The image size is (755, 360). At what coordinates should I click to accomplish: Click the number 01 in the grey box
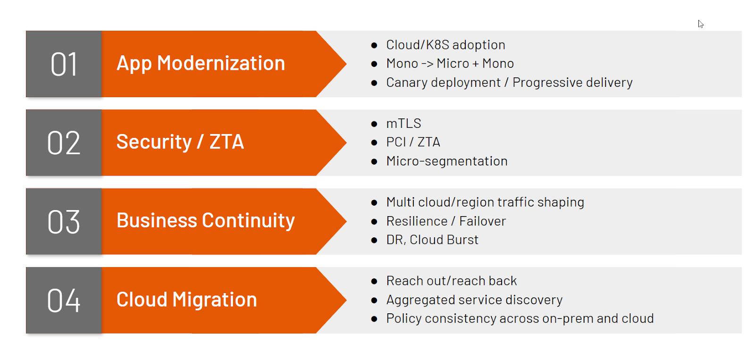pos(64,64)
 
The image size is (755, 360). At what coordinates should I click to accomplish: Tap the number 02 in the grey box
pos(64,143)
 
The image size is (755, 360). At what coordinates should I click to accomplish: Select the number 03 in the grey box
pos(64,221)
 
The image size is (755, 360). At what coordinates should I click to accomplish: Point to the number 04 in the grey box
pos(64,301)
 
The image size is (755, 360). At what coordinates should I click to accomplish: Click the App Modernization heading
pos(201,63)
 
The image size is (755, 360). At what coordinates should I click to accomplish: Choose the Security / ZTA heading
pos(180,142)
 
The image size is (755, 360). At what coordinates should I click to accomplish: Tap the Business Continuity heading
pos(206,221)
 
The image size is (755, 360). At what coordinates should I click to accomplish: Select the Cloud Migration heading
pos(186,300)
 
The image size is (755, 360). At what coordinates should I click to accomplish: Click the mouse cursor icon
pos(701,24)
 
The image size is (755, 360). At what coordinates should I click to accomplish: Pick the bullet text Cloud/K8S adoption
pos(445,45)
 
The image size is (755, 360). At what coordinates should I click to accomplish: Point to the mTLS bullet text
pos(403,123)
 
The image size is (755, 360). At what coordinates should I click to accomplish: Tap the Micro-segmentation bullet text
pos(446,161)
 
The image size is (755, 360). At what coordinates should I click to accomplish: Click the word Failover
pos(482,221)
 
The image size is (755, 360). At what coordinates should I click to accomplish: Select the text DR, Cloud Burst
pos(432,240)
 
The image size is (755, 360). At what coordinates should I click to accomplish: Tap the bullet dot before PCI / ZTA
pos(374,142)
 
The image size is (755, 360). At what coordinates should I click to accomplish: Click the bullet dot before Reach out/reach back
pos(374,282)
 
